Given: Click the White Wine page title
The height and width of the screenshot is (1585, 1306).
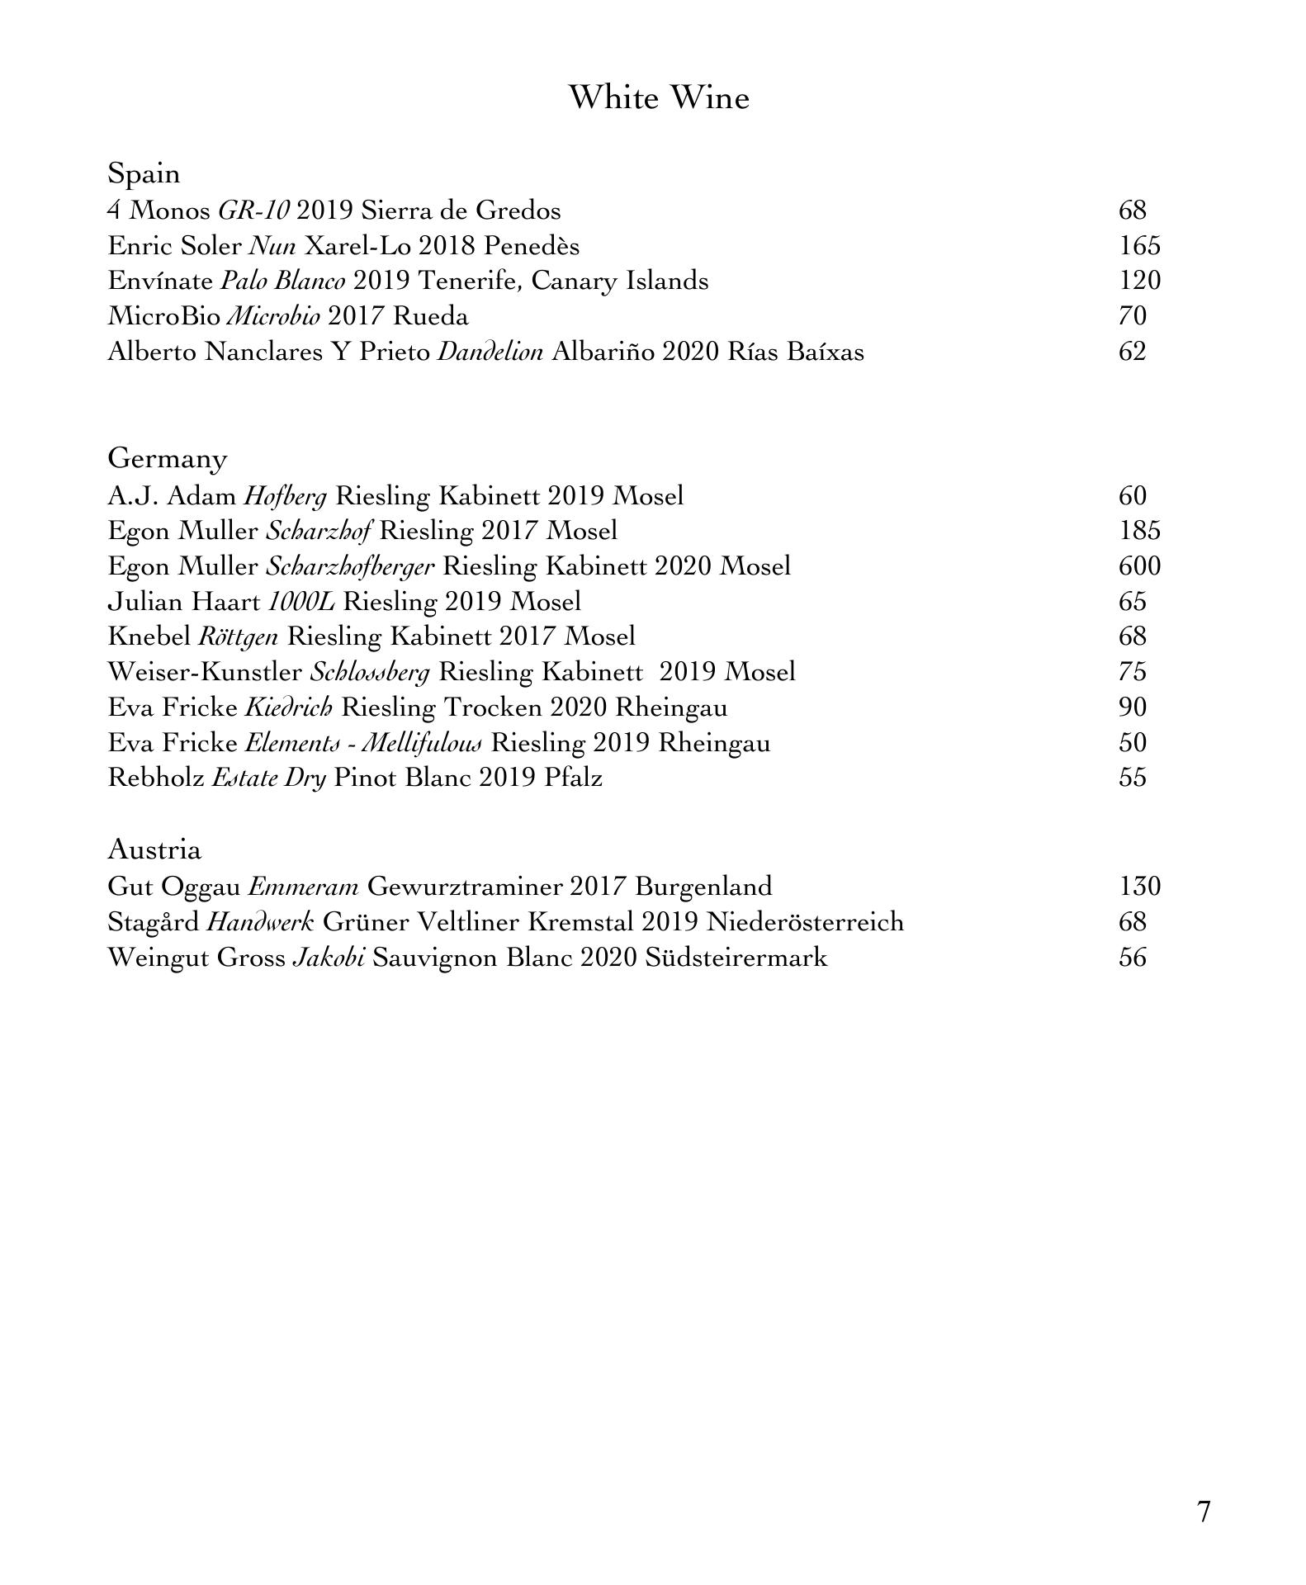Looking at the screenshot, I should pos(659,97).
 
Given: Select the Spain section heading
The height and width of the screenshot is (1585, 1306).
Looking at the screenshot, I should pos(144,173).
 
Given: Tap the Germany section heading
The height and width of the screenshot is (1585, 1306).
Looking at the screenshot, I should pos(167,458).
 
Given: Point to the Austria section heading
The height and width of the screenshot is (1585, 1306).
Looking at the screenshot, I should pos(154,849).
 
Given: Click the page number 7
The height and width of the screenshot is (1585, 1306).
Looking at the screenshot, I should pos(1204,1512).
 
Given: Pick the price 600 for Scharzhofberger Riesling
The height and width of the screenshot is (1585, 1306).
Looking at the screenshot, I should pos(1139,566).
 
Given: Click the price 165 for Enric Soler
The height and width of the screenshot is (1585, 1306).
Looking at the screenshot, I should pos(1139,246).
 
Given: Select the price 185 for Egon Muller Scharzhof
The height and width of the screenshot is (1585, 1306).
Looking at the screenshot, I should pos(1139,531).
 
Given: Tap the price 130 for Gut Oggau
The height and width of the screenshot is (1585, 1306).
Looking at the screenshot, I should pos(1139,887).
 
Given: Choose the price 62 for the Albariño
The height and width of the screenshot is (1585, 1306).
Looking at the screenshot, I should pos(1133,352).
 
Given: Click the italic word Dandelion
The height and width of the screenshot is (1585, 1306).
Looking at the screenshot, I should pos(490,352).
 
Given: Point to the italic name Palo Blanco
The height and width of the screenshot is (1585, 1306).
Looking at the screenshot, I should pos(282,282).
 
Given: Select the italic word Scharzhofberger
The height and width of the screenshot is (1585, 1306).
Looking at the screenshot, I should pos(350,567).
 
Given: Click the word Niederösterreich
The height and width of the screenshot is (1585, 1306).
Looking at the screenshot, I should pos(805,922).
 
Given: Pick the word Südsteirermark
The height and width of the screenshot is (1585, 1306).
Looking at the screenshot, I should pos(736,958).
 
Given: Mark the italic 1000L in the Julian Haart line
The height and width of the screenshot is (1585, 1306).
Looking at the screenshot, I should pos(301,602).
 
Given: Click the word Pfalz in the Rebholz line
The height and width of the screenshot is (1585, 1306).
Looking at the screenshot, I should pos(573,778).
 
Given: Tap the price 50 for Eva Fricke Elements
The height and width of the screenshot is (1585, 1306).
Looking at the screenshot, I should pos(1133,743).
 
